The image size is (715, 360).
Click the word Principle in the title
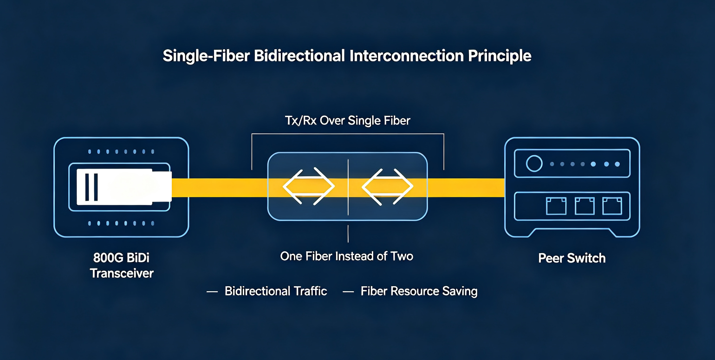coord(500,56)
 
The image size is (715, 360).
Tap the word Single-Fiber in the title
coord(206,56)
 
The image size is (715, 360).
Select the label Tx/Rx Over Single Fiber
coord(347,121)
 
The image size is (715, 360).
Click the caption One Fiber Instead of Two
coord(347,256)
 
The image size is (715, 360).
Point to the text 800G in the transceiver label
coord(108,258)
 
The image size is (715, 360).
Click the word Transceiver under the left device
coord(122,274)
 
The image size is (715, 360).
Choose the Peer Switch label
coord(572,258)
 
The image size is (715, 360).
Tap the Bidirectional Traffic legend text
coord(276,291)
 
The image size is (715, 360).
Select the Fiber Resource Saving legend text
coord(419,291)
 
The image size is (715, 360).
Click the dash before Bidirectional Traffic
coord(212,292)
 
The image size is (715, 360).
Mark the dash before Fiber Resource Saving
coord(348,292)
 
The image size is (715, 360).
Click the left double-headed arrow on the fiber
coord(309,186)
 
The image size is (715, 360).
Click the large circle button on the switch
coord(534,164)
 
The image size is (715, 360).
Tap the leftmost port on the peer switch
coord(556,206)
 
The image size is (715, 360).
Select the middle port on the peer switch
coord(585,206)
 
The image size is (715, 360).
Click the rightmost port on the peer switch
coord(612,206)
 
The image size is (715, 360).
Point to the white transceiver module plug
coord(124,187)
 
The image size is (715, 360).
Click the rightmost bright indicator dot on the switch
coord(617,164)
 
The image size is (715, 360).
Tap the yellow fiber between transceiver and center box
coord(220,188)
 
